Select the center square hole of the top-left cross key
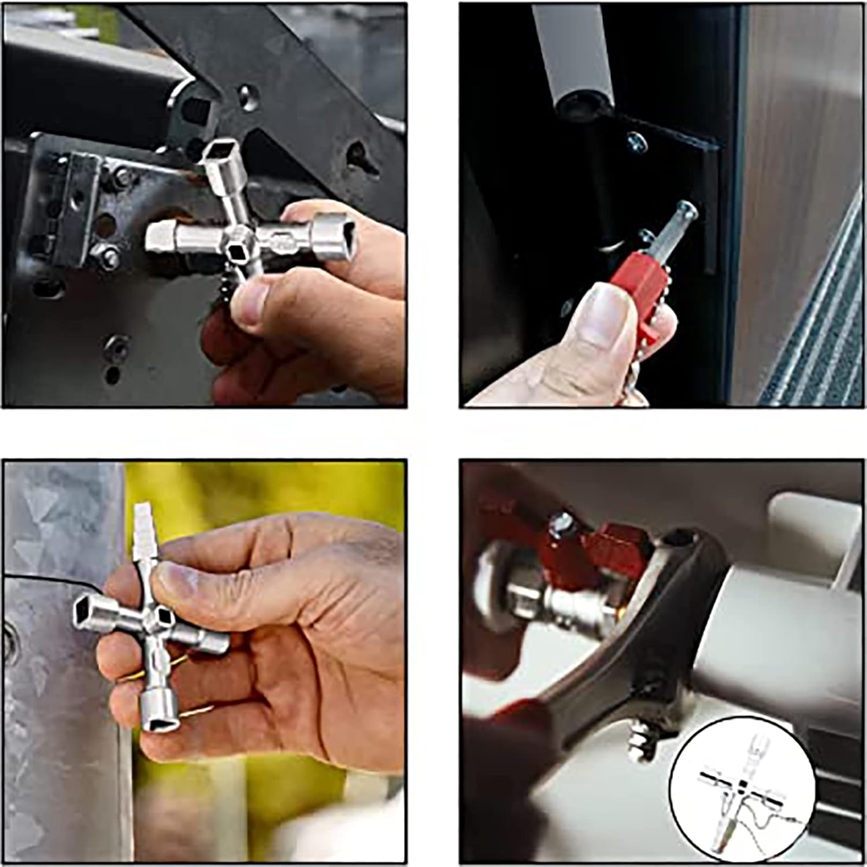[x=236, y=251]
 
